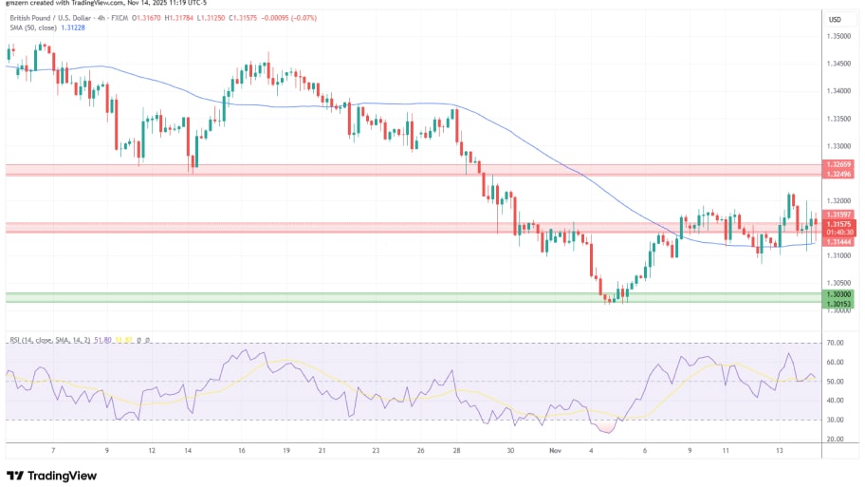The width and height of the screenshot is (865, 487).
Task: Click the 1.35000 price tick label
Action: [838, 36]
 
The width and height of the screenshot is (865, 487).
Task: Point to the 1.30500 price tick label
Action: [838, 283]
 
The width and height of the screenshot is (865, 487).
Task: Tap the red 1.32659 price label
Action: [838, 165]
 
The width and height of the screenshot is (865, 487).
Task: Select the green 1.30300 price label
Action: [838, 294]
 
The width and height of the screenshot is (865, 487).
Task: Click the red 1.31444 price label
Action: [838, 242]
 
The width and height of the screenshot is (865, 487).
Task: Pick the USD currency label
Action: [836, 20]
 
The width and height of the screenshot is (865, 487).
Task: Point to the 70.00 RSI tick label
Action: [836, 343]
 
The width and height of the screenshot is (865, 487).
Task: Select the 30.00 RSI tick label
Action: [836, 420]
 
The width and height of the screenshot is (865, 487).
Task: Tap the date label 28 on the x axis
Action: [456, 452]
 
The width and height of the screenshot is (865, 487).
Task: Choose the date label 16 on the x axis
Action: [242, 452]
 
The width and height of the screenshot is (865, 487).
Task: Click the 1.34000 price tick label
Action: [838, 91]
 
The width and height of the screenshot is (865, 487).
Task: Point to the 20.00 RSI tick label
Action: [836, 439]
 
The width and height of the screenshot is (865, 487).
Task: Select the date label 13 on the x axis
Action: [778, 452]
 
